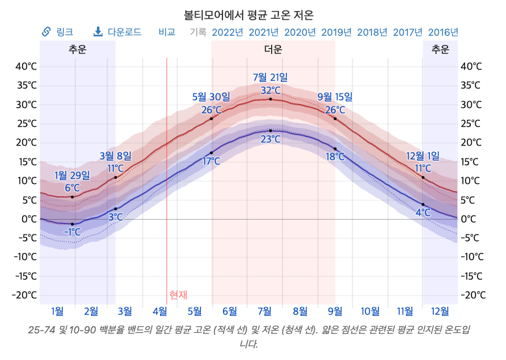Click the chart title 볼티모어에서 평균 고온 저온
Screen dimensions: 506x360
click(x=248, y=15)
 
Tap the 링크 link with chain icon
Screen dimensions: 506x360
click(x=57, y=32)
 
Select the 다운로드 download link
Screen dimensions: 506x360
click(x=118, y=32)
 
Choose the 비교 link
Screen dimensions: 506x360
click(x=167, y=32)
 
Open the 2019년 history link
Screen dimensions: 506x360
click(x=336, y=32)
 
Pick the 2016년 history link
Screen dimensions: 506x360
click(x=443, y=32)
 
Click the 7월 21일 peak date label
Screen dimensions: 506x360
click(x=271, y=77)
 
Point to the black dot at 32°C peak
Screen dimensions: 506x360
click(x=271, y=99)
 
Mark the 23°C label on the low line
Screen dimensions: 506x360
click(x=271, y=139)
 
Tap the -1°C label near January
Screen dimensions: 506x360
click(x=72, y=232)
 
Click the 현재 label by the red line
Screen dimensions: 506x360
click(x=178, y=294)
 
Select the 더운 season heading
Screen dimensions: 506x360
click(x=273, y=49)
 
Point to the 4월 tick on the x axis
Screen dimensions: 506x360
click(x=160, y=311)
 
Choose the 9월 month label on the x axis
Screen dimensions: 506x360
click(x=335, y=311)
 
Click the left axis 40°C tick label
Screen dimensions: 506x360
click(x=26, y=66)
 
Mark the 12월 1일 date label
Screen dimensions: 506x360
click(x=423, y=156)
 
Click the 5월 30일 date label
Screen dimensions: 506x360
click(x=211, y=97)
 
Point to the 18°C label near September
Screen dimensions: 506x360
click(x=335, y=157)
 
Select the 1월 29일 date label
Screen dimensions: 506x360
click(x=72, y=175)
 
